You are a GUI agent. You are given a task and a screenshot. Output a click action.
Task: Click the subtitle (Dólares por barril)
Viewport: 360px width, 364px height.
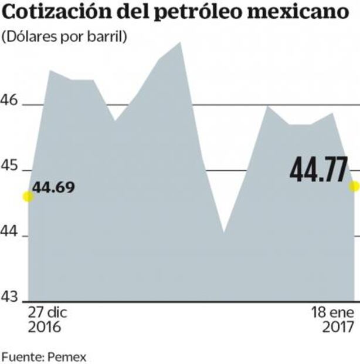point(64,37)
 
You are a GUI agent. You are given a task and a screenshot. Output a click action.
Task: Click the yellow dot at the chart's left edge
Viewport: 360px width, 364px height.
point(28,197)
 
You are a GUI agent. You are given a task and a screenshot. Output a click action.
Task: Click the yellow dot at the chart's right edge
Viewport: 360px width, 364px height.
point(354,186)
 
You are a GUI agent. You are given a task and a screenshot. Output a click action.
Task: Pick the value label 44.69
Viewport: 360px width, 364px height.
point(54,188)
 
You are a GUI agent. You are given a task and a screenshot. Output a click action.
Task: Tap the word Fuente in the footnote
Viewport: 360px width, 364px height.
point(20,356)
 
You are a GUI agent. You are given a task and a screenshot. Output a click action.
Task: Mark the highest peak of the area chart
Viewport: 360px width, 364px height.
point(181,42)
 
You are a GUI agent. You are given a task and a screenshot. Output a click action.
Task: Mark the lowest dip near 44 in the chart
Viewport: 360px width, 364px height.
point(223,232)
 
